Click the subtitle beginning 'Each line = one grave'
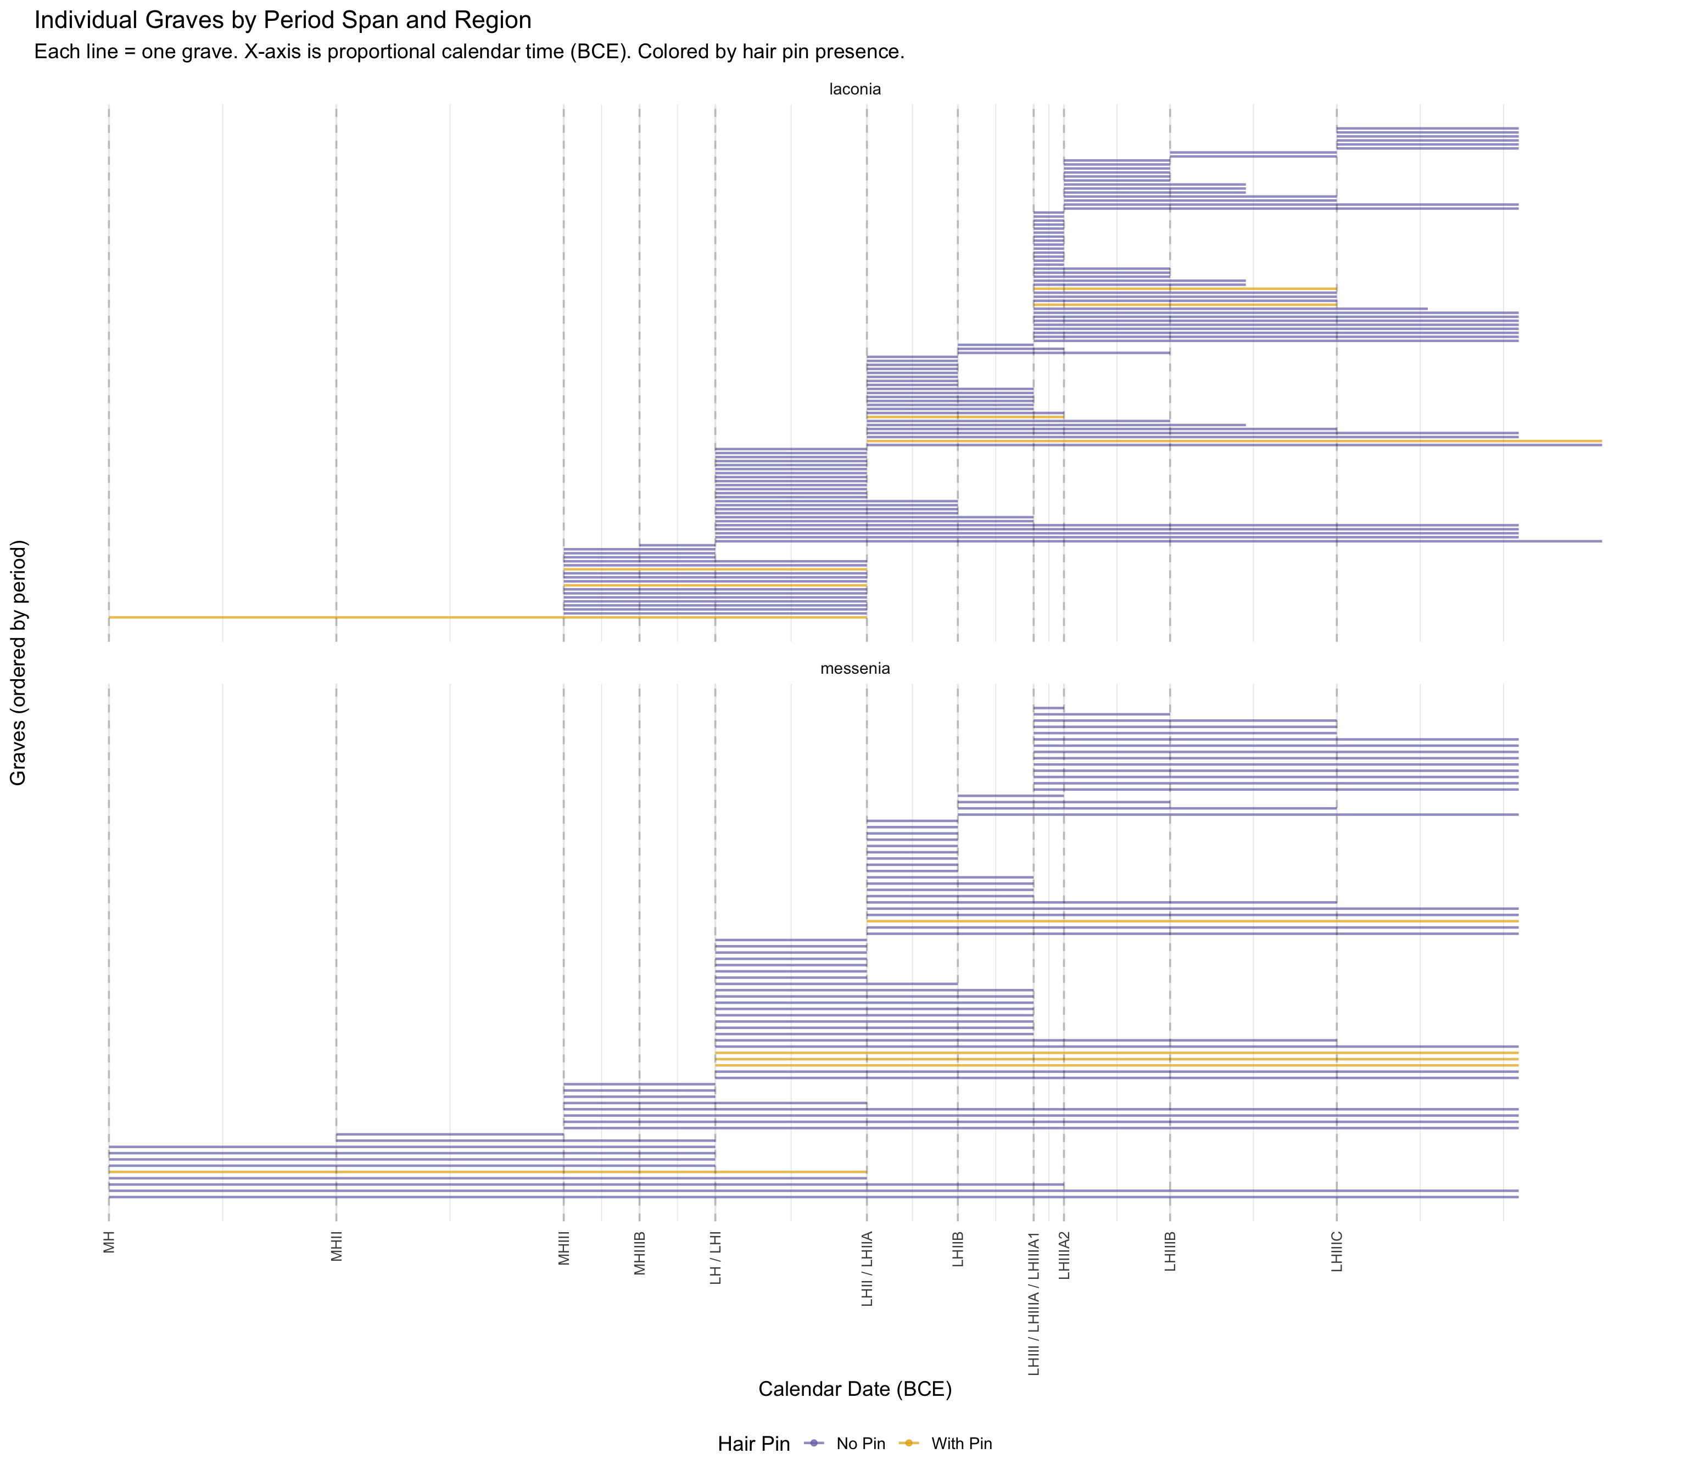[469, 52]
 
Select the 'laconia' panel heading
[855, 90]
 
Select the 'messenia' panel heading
[855, 669]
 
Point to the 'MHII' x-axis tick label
[336, 1247]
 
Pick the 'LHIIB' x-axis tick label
[958, 1250]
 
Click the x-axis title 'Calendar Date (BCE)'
[855, 1389]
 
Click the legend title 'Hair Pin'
[753, 1444]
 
